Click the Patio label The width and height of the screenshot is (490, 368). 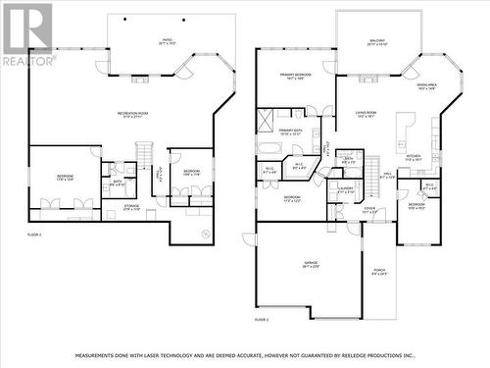167,41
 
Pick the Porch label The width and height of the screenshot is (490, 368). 380,272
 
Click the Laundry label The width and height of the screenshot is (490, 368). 346,188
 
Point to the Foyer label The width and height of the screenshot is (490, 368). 369,209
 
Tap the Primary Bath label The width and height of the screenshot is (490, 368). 290,131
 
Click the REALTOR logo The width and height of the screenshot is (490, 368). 27,33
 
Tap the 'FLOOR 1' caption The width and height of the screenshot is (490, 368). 34,234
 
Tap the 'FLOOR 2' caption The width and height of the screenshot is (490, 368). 262,320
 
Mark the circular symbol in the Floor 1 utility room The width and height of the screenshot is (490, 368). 204,234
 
